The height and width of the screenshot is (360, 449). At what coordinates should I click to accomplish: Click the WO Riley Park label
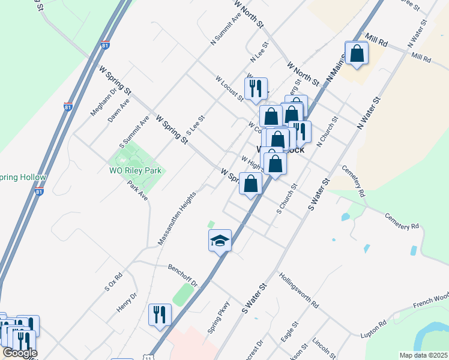tap(137, 170)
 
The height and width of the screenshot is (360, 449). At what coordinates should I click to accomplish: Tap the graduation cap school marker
tap(220, 242)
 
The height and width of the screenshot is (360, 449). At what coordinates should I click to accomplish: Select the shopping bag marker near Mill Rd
tap(357, 53)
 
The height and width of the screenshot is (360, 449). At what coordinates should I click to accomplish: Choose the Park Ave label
tap(137, 193)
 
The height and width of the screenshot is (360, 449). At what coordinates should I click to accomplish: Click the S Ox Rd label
tap(113, 282)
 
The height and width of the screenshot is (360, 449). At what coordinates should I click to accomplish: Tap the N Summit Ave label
tap(226, 29)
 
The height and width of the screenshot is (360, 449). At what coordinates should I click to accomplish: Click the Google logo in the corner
tap(19, 353)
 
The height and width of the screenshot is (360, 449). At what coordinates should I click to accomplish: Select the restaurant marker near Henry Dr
tap(160, 315)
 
